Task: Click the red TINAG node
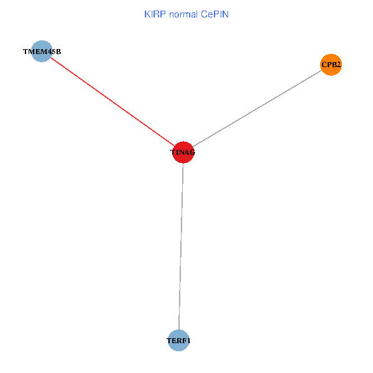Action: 183,152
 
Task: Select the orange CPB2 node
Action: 331,65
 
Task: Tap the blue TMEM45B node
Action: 42,52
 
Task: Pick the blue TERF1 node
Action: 178,341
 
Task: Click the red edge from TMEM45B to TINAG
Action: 113,102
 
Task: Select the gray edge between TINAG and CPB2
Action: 257,108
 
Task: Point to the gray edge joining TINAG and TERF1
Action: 181,246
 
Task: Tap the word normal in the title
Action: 183,14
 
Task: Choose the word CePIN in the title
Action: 215,14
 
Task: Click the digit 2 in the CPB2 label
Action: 338,65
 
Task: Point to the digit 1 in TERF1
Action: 188,341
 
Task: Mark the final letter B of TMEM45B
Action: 58,52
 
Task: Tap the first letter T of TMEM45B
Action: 25,52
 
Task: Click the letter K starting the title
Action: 147,14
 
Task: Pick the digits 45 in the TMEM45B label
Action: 52,52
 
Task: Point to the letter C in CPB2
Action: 325,65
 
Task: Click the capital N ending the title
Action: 226,14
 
